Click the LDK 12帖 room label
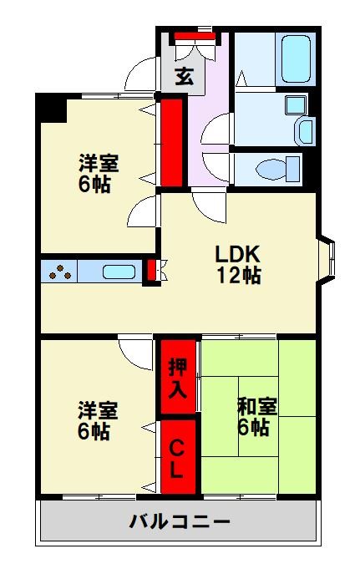(239, 264)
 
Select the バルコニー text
(179, 523)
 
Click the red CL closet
(177, 459)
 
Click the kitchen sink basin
(119, 272)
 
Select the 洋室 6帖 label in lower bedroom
(99, 420)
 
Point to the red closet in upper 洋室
(172, 142)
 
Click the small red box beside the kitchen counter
(151, 272)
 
